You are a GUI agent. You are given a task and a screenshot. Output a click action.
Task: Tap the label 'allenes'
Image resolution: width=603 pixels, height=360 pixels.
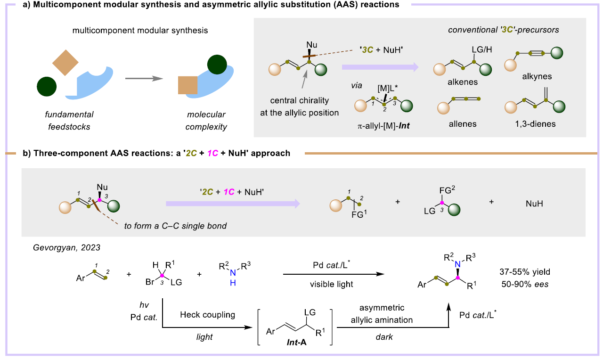point(463,124)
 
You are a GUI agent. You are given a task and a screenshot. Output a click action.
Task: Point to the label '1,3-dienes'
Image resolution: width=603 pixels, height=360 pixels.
point(530,124)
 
